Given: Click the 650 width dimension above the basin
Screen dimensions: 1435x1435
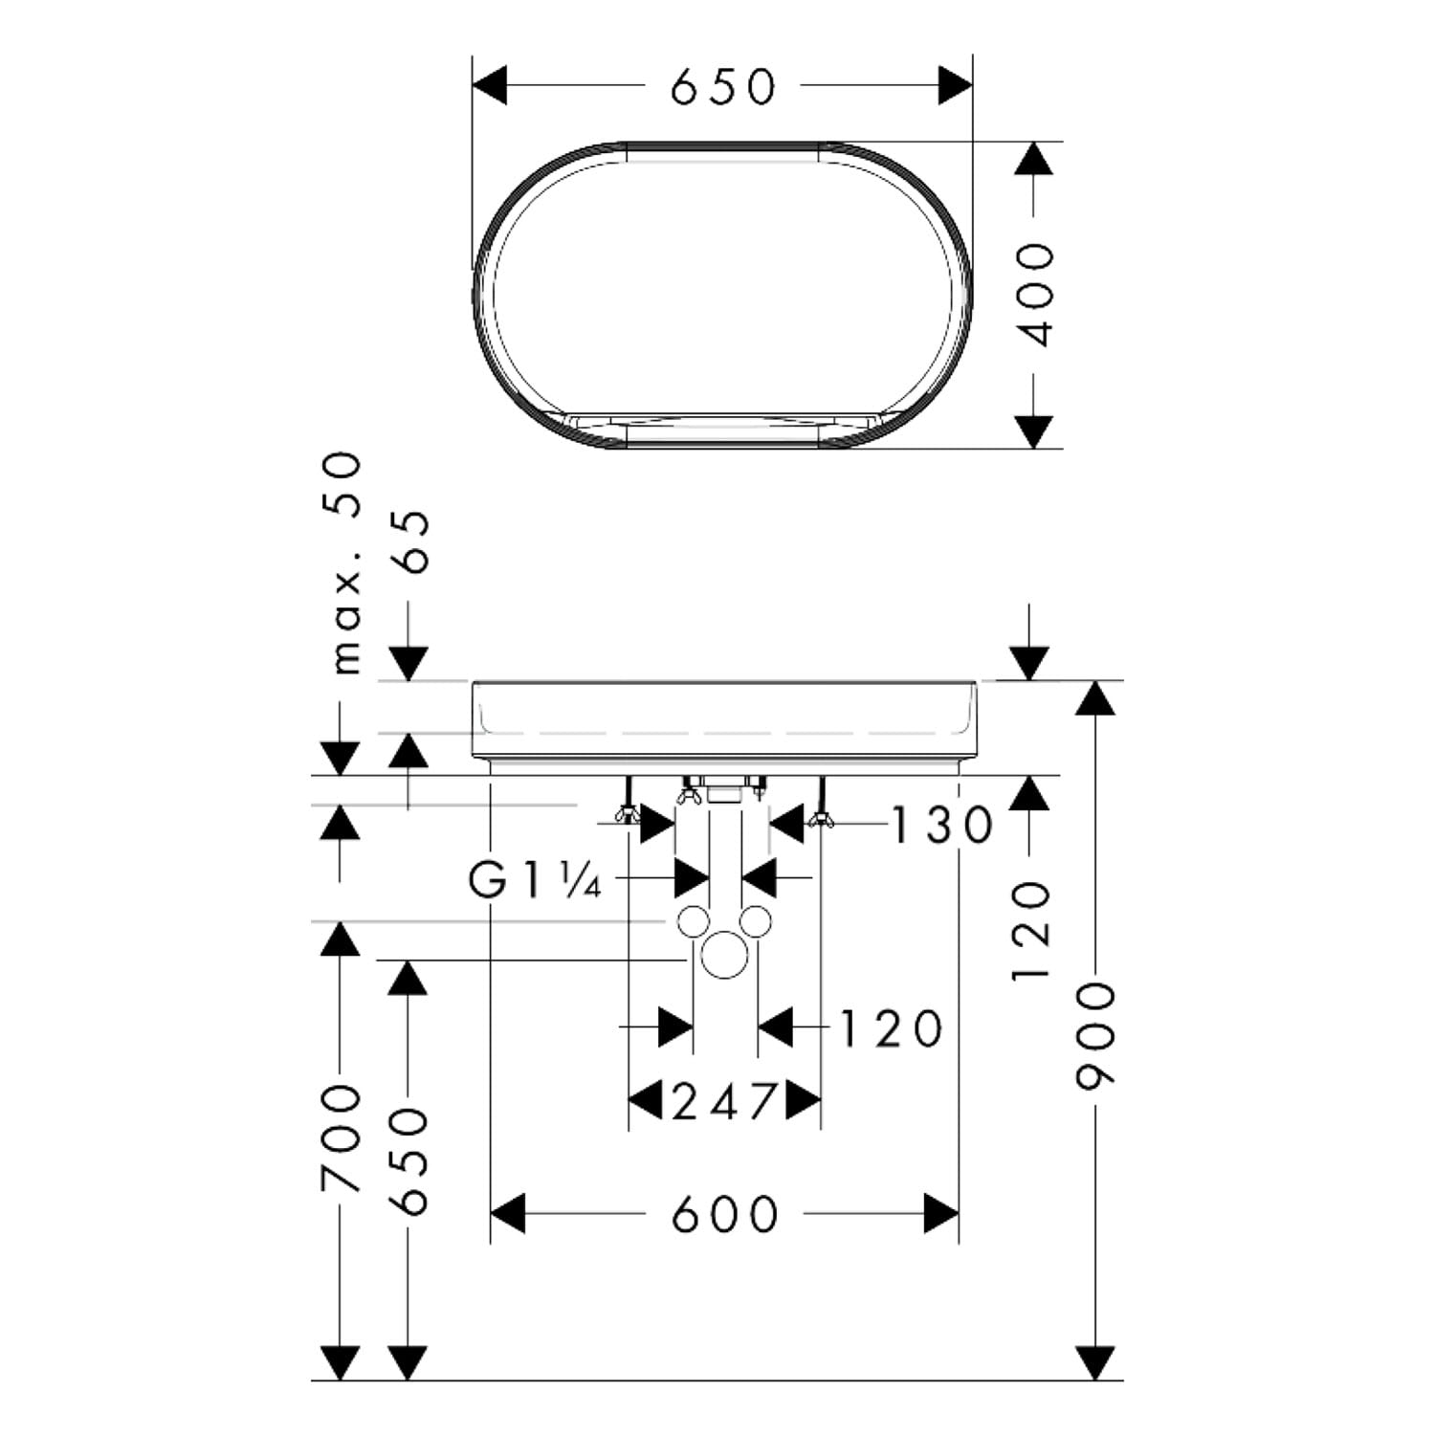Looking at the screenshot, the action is pyautogui.click(x=723, y=86).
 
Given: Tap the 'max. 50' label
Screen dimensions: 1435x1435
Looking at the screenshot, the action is pyautogui.click(x=345, y=564).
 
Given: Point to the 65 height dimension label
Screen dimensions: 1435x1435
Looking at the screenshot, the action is pyautogui.click(x=411, y=541).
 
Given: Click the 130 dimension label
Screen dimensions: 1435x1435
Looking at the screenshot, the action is pyautogui.click(x=943, y=825).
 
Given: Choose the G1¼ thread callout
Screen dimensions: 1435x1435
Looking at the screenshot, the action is pyautogui.click(x=535, y=880).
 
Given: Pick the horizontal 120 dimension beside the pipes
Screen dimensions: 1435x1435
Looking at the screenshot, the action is pyautogui.click(x=892, y=1028).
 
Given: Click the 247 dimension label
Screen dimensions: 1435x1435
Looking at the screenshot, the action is pyautogui.click(x=724, y=1102).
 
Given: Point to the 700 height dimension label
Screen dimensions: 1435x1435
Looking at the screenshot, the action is pyautogui.click(x=342, y=1138).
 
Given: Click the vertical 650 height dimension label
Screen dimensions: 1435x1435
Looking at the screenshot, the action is pyautogui.click(x=411, y=1161).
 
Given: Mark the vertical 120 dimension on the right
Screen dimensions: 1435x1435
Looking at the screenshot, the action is pyautogui.click(x=1031, y=931).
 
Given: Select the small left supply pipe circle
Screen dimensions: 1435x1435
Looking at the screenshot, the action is pyautogui.click(x=694, y=920).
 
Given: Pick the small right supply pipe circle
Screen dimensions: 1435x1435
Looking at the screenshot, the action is pyautogui.click(x=756, y=920).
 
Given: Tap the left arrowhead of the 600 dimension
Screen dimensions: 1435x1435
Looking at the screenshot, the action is pyautogui.click(x=508, y=1214).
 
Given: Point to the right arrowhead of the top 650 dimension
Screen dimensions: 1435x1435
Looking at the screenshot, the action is pyautogui.click(x=956, y=86).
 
